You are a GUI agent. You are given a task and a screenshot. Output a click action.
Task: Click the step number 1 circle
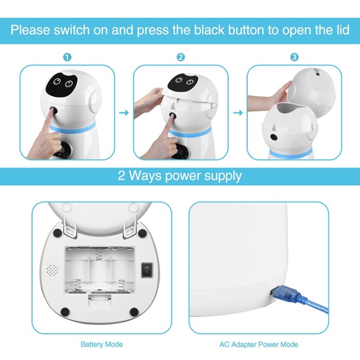click(67, 58)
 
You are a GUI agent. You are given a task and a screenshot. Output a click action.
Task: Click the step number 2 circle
click(180, 58)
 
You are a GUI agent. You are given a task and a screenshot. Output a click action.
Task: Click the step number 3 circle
click(294, 58)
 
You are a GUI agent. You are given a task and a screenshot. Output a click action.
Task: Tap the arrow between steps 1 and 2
click(123, 112)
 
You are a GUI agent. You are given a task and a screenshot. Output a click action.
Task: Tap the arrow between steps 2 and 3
click(237, 112)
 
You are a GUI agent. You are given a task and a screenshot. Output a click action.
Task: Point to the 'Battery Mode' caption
click(101, 345)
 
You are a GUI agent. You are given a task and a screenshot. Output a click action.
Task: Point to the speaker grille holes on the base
click(52, 270)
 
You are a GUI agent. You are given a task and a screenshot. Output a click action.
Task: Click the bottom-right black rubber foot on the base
click(133, 311)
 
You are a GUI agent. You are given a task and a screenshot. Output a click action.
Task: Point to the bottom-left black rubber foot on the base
click(64, 311)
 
